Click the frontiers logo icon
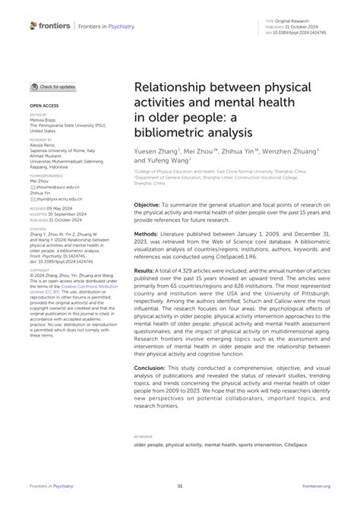tap(33, 25)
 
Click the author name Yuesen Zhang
tap(155, 150)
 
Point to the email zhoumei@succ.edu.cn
tap(52, 186)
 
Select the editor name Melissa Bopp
tap(47, 120)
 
